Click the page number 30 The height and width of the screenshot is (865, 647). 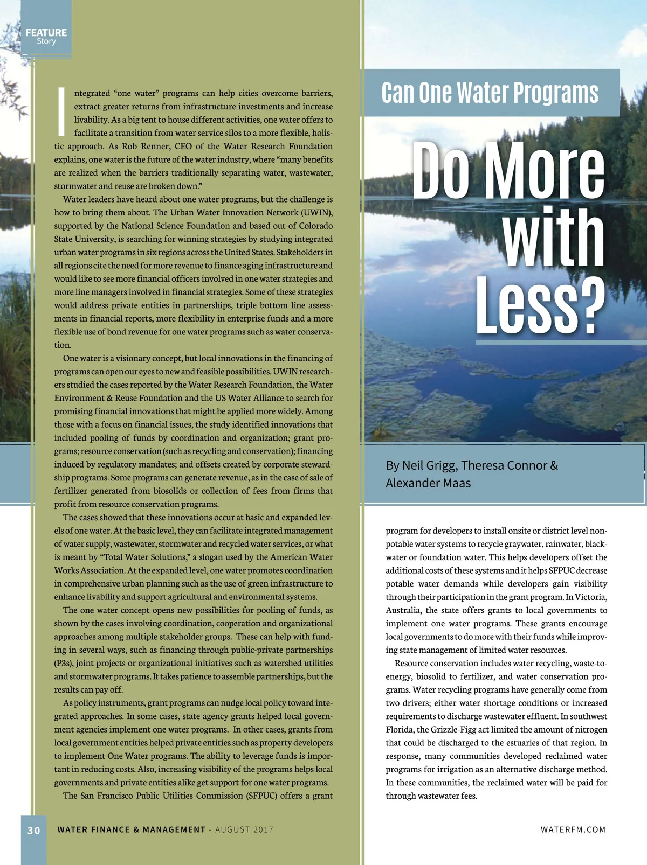coord(33,830)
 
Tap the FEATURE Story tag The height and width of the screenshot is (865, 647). coord(46,37)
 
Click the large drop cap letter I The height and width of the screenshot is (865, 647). coord(61,111)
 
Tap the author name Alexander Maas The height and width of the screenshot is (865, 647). coord(428,483)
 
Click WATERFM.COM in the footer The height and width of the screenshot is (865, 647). coord(573,830)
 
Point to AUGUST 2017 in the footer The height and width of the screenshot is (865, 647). coord(244,830)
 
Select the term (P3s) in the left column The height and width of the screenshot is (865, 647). coord(63,664)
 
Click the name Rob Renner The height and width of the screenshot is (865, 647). coord(144,147)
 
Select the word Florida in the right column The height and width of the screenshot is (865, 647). coord(400,730)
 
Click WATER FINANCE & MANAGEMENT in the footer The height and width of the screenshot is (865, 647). coord(132,830)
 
